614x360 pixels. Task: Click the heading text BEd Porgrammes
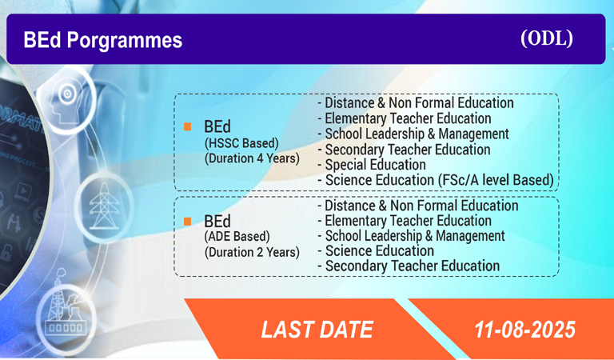click(103, 40)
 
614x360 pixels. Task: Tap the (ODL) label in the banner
click(547, 38)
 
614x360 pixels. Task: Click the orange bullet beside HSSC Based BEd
click(188, 126)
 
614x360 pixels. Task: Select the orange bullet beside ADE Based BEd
click(188, 222)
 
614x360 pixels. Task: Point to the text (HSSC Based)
click(241, 143)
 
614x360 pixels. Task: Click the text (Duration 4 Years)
click(252, 158)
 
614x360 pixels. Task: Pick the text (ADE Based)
click(237, 237)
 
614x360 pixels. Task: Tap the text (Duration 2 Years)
click(252, 252)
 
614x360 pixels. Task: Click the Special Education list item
click(372, 165)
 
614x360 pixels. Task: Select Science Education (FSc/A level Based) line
click(436, 180)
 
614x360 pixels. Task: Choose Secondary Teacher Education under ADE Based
click(409, 266)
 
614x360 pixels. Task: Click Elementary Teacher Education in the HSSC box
click(405, 118)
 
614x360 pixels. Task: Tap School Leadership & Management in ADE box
click(411, 236)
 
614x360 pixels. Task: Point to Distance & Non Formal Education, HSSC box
click(416, 103)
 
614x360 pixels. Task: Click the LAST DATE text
click(317, 330)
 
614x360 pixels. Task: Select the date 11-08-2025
click(525, 330)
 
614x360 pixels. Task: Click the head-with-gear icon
click(66, 99)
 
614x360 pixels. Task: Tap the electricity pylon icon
click(103, 206)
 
